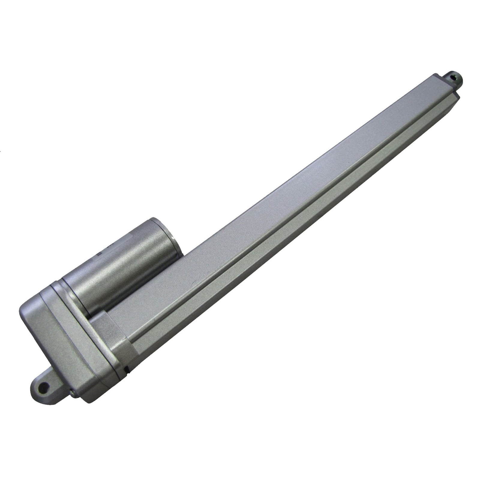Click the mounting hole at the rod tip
point(456,77)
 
